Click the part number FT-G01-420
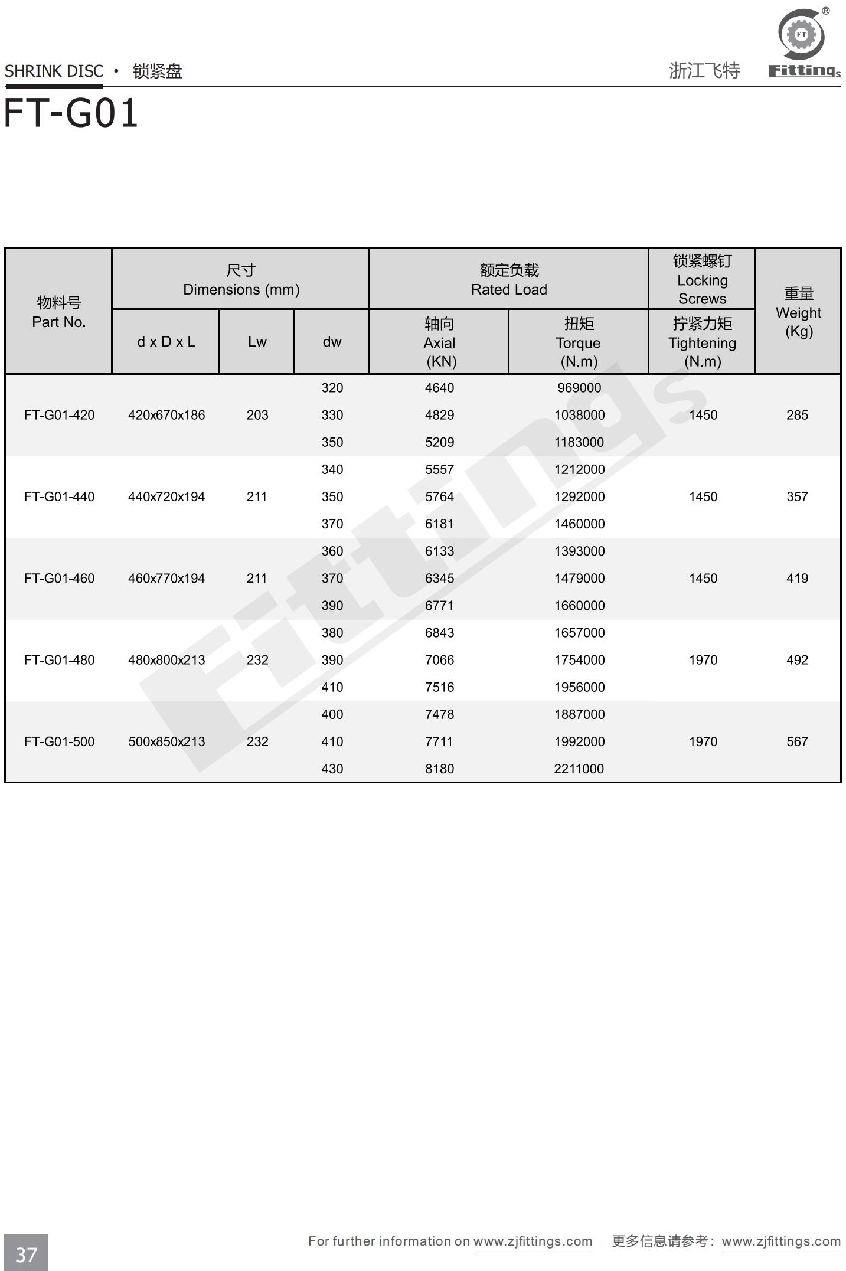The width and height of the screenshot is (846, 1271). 59,415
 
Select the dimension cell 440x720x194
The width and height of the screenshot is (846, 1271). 166,496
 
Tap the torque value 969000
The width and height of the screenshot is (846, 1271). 579,388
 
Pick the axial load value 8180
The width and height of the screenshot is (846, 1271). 439,769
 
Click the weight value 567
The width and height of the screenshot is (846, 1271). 797,741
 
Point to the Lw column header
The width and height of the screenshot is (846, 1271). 257,342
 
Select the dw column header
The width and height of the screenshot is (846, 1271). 332,342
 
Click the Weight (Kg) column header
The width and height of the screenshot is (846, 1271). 798,312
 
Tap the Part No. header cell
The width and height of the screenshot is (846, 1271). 59,312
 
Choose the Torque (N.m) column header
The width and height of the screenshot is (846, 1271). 579,342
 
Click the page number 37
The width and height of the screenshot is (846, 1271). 26,1254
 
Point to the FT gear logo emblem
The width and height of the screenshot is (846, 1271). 801,34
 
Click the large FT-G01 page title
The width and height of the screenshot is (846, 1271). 71,113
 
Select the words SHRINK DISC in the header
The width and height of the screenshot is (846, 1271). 54,71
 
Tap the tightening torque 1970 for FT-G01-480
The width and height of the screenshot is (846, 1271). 703,660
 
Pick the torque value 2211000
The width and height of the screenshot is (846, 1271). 579,769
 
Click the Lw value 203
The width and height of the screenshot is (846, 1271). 257,415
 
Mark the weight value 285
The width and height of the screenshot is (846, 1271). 797,415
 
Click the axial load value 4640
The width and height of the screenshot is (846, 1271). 439,388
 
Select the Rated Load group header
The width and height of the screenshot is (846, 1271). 509,280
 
